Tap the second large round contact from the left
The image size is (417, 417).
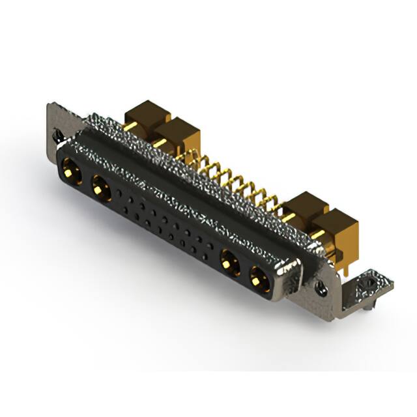pyautogui.click(x=100, y=190)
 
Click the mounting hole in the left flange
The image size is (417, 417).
pyautogui.click(x=58, y=137)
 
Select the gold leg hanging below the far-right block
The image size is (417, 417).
pyautogui.click(x=342, y=261)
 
